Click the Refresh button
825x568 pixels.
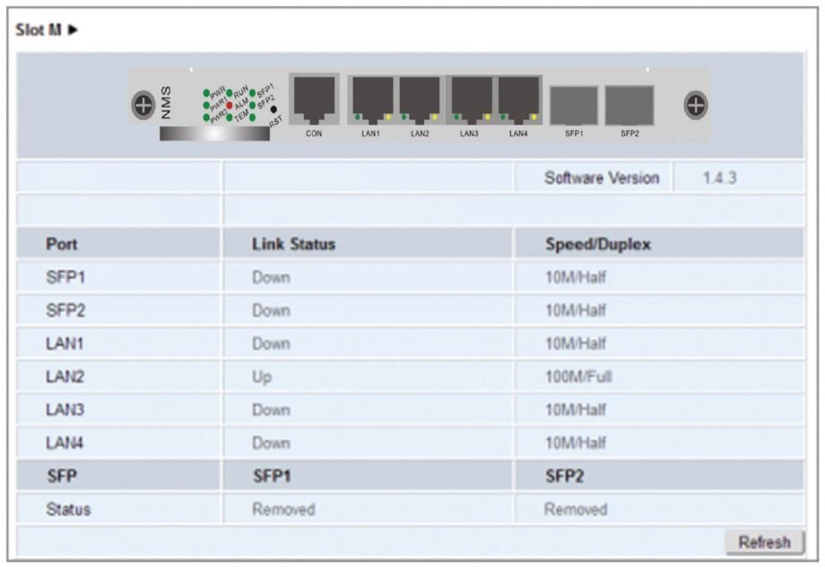(764, 542)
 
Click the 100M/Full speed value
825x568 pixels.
(578, 377)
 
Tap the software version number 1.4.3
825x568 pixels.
(719, 177)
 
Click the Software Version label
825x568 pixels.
(602, 177)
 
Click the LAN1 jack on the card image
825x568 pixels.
(372, 98)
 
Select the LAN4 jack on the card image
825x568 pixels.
(519, 98)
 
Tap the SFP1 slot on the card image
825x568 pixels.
(574, 105)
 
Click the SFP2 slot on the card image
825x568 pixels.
(630, 105)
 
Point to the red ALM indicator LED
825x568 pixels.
(230, 105)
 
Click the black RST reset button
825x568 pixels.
(274, 109)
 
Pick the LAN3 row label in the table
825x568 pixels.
(64, 410)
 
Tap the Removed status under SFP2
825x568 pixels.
(576, 509)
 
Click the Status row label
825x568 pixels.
(68, 509)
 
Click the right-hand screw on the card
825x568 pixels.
(695, 105)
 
